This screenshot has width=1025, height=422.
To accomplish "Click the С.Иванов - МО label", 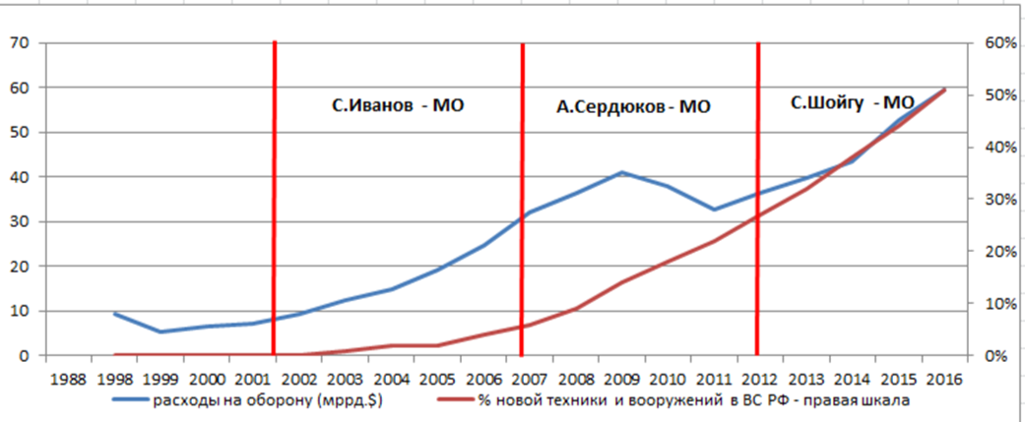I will pyautogui.click(x=397, y=105).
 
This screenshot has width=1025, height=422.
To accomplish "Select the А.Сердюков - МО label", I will pyautogui.click(x=633, y=107).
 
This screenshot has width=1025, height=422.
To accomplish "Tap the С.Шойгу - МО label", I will pyautogui.click(x=853, y=102).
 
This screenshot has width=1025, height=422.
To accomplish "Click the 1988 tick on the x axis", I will pyautogui.click(x=68, y=380).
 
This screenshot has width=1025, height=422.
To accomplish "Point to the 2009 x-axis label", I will pyautogui.click(x=621, y=380).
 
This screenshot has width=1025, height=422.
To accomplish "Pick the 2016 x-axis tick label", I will pyautogui.click(x=944, y=380).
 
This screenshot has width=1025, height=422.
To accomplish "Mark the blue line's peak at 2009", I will pyautogui.click(x=621, y=172).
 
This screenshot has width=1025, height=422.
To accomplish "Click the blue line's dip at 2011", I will pyautogui.click(x=714, y=210).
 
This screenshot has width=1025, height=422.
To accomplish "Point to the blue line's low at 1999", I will pyautogui.click(x=160, y=332).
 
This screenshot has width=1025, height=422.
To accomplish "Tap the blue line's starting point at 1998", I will pyautogui.click(x=115, y=314).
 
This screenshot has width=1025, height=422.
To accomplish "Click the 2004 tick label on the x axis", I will pyautogui.click(x=391, y=380).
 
